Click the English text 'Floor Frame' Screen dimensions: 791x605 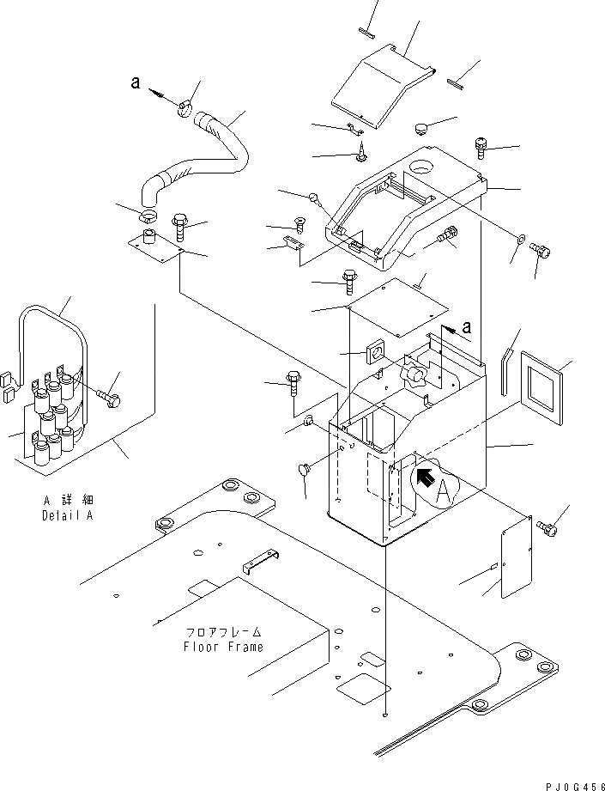(223, 647)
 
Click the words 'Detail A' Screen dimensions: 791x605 (67, 516)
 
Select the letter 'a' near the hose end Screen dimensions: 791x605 (135, 82)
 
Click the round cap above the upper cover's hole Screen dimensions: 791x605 (421, 129)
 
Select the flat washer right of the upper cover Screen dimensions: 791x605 (520, 235)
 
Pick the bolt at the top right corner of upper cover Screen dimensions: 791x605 (481, 147)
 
